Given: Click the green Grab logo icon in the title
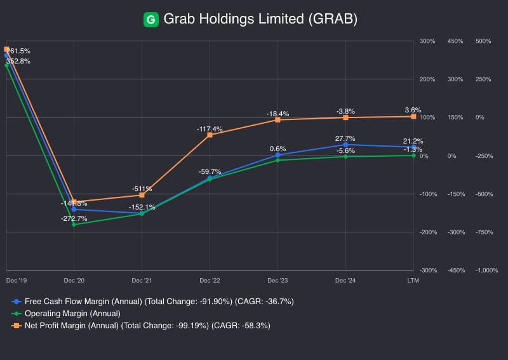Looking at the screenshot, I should click(x=151, y=20).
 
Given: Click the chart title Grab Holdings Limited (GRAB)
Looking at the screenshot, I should click(x=260, y=20).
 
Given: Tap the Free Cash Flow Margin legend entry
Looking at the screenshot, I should click(x=152, y=301).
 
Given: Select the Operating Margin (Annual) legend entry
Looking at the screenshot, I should click(x=72, y=313).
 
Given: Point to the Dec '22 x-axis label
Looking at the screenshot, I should click(x=210, y=279).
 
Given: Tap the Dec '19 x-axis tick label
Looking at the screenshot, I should click(x=16, y=279).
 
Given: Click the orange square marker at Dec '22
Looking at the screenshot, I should click(x=210, y=135).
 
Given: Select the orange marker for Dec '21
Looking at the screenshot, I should click(x=142, y=195).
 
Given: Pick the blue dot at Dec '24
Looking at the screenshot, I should click(x=345, y=145).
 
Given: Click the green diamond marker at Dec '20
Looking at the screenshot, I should click(x=74, y=225).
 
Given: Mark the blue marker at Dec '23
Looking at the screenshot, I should click(x=277, y=155).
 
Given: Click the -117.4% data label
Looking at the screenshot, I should click(x=210, y=129).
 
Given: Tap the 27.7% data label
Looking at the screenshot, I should click(x=345, y=138).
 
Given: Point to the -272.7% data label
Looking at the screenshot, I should click(x=74, y=218).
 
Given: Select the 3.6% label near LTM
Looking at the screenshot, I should click(x=413, y=110).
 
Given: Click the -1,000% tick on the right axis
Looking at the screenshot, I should click(x=486, y=270).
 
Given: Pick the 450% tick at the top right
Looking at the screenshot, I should click(x=456, y=42).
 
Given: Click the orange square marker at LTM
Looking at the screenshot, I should click(x=413, y=116).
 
